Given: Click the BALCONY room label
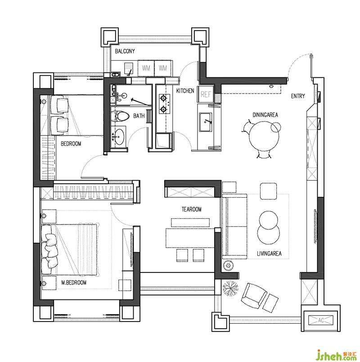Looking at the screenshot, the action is [125, 51].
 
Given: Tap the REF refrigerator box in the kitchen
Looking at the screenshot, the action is [206, 95].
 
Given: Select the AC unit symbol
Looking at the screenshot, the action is [321, 320].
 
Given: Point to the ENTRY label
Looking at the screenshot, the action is [298, 96].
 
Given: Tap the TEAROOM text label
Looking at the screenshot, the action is [192, 209].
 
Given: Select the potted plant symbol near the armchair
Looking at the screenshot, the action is [230, 287].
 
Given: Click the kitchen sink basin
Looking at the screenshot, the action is [206, 122].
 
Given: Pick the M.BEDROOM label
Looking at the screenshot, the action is [74, 283].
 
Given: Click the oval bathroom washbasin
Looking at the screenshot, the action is [119, 137].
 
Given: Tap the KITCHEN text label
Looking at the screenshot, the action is [185, 91].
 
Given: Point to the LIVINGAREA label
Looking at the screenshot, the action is [269, 253].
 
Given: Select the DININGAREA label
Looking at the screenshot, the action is [265, 115].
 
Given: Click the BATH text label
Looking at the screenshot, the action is [139, 116].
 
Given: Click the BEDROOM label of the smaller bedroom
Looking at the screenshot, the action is [71, 144].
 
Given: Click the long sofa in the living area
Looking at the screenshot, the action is [235, 226].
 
